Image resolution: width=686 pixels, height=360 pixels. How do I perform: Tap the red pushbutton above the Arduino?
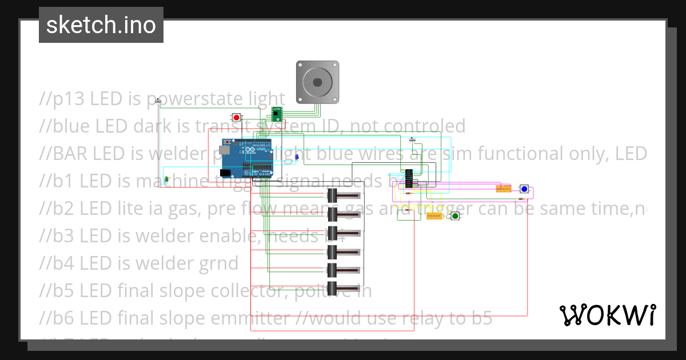[x=236, y=117]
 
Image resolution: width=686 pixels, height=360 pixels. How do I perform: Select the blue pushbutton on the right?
[x=524, y=189]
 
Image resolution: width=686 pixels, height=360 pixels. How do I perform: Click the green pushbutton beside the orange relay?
[x=454, y=216]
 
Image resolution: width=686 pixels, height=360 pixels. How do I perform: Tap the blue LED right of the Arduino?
[x=296, y=156]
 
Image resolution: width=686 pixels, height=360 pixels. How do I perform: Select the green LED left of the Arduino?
[x=166, y=179]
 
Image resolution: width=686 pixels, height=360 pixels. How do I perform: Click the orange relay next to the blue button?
[x=503, y=189]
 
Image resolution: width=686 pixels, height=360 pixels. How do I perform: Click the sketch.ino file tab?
[x=101, y=25]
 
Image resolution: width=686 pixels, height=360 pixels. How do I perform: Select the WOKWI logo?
[x=607, y=315]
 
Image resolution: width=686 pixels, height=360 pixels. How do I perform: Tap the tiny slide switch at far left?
[x=159, y=102]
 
